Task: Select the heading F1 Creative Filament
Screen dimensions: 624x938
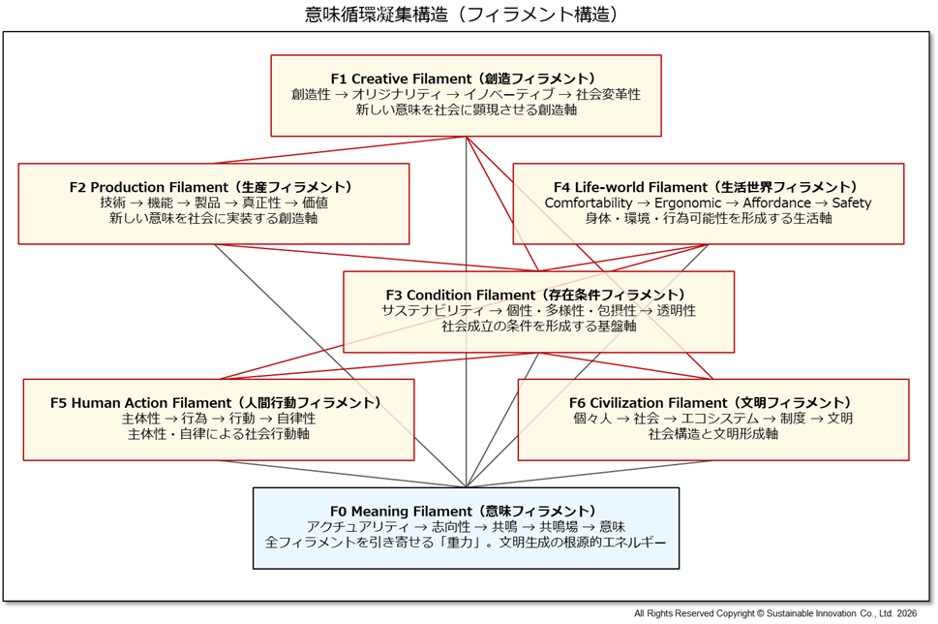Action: (x=466, y=78)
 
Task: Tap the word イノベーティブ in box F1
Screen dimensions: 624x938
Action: (x=508, y=94)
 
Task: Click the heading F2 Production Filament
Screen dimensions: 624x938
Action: (x=213, y=187)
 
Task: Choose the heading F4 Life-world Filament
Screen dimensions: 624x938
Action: (x=708, y=187)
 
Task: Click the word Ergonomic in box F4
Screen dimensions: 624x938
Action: (x=687, y=203)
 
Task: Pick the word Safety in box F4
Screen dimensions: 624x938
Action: (x=852, y=203)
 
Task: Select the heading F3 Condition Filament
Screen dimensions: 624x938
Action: (x=538, y=295)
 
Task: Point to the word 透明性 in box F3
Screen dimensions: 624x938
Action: (x=676, y=310)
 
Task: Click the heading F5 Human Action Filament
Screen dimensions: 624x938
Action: (x=218, y=403)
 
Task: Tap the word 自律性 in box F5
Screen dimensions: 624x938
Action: (x=297, y=419)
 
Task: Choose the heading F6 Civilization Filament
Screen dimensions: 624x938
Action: (x=712, y=403)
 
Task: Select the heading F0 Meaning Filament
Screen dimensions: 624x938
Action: (x=466, y=512)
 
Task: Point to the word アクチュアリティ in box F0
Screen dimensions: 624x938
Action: (x=354, y=527)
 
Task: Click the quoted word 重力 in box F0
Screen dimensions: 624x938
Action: (x=461, y=543)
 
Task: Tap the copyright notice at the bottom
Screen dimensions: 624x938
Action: (x=775, y=613)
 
